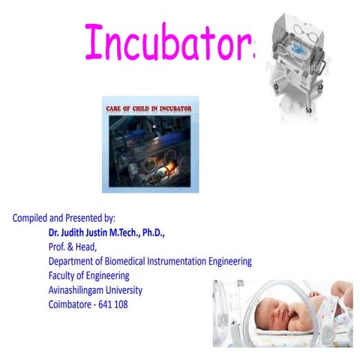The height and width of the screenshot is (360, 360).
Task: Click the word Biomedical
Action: pos(125,262)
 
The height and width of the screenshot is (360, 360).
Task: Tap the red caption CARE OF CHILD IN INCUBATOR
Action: pos(151,109)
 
